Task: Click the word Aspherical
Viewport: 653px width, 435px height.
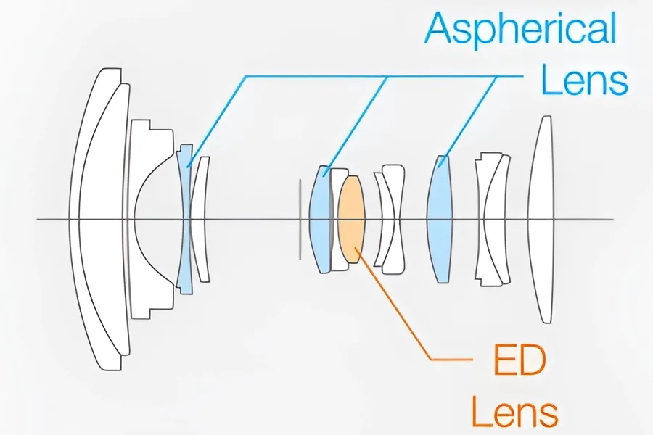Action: click(x=520, y=28)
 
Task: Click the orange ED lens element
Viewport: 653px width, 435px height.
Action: click(x=351, y=220)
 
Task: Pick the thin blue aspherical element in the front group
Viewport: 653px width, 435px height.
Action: click(x=184, y=219)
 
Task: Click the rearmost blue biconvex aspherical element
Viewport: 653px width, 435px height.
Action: click(x=440, y=219)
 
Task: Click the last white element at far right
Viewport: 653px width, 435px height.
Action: click(x=541, y=220)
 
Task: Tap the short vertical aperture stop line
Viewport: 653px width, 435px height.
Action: click(x=300, y=220)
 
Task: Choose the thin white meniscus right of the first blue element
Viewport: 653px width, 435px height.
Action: click(x=202, y=219)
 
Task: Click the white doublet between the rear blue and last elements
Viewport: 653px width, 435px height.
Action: click(x=491, y=220)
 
